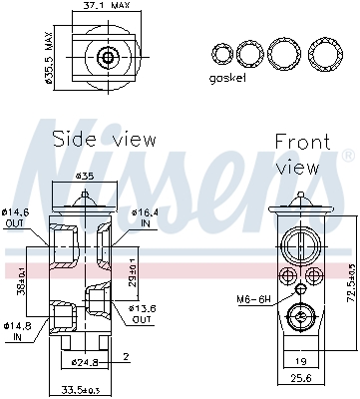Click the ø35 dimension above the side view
[x=86, y=176]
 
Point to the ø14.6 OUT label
[x=18, y=217]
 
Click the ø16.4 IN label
[x=143, y=217]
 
